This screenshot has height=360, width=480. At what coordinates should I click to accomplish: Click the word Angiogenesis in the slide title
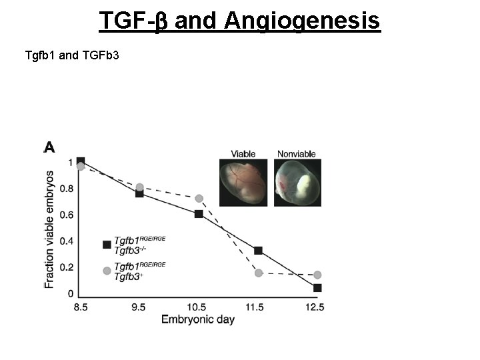(302, 21)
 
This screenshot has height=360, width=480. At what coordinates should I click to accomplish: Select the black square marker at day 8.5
(81, 161)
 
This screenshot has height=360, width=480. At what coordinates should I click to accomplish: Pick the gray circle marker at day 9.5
(139, 187)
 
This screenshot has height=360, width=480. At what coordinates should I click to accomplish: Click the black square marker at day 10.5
(199, 214)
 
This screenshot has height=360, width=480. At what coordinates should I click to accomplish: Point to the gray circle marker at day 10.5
(199, 199)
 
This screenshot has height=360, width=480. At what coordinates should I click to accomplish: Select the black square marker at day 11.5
(258, 251)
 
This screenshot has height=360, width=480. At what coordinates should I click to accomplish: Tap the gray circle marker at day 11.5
(259, 273)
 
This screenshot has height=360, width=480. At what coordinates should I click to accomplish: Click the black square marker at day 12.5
(317, 288)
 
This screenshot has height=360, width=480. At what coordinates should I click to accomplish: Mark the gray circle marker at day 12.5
(317, 275)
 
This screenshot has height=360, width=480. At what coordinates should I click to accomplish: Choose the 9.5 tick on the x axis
(139, 307)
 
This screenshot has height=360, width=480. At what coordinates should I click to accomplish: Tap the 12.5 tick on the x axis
(315, 307)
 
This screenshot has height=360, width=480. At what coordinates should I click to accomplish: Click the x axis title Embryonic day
(198, 319)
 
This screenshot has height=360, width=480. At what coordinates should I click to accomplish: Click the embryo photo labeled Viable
(243, 182)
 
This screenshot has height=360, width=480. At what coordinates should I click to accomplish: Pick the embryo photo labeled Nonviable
(297, 182)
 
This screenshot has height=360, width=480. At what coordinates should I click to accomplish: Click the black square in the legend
(107, 245)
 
